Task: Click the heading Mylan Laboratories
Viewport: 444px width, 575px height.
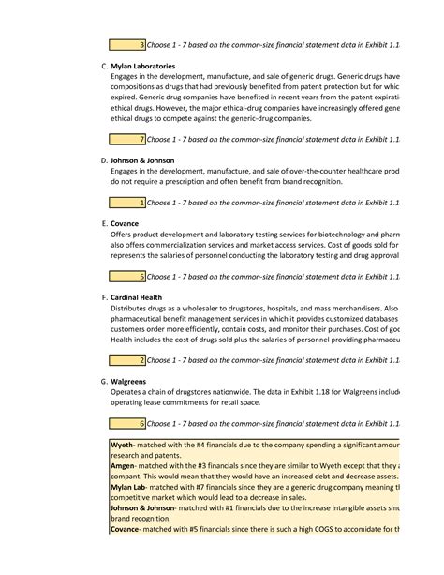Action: tap(142, 67)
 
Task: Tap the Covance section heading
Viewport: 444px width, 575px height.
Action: tap(125, 224)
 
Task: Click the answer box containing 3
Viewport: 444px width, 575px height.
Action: tap(126, 44)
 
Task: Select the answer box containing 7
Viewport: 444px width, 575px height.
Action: tap(126, 139)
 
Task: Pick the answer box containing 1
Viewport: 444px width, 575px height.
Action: tap(126, 202)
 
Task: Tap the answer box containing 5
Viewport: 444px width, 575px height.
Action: tap(126, 276)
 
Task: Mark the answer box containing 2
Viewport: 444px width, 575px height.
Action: tap(126, 359)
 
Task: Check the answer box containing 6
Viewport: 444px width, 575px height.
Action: tap(126, 423)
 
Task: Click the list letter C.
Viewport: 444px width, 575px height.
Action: tap(103, 67)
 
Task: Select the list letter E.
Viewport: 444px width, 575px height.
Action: tap(103, 224)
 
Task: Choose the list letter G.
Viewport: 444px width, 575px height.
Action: tap(103, 382)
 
